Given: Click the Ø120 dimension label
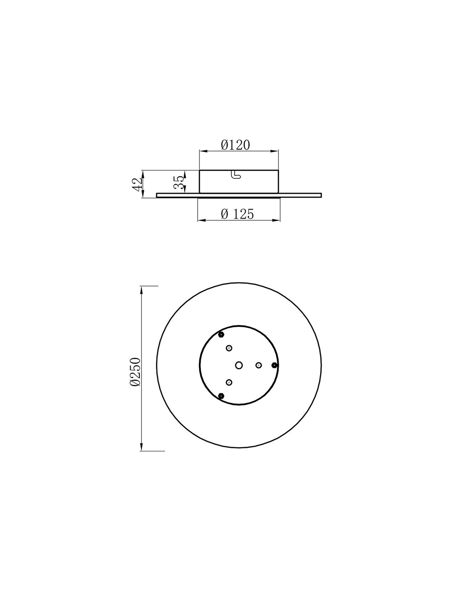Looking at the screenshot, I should click(x=235, y=145).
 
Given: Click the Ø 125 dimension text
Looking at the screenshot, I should click(x=237, y=214).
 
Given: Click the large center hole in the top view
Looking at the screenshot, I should click(x=239, y=365).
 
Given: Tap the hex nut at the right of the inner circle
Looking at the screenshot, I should click(x=274, y=365).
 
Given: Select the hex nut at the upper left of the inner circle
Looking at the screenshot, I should click(x=221, y=335).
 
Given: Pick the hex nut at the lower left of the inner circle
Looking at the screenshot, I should click(x=221, y=396).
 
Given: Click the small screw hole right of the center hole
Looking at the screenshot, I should click(x=259, y=365).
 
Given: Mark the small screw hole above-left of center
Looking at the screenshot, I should click(x=229, y=348).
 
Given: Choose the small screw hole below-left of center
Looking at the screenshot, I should click(x=229, y=382).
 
